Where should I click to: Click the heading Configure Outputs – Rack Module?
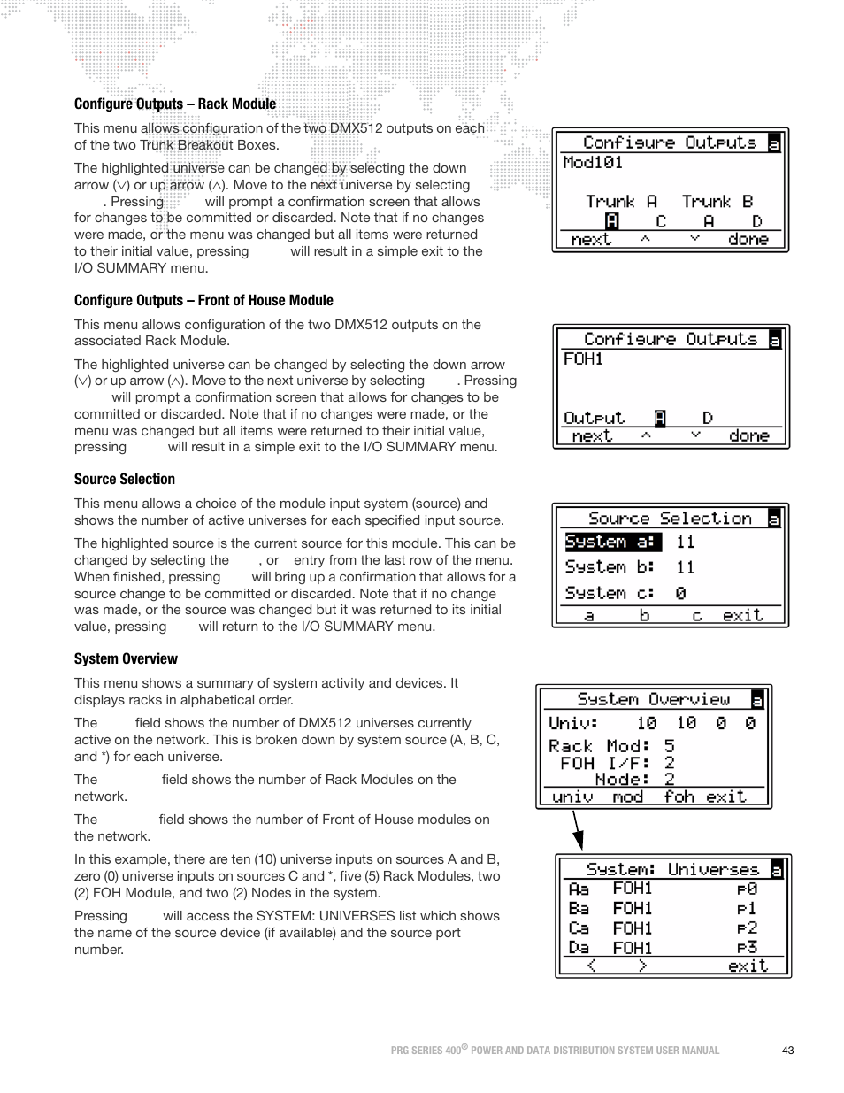[175, 104]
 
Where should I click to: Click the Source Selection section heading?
[125, 480]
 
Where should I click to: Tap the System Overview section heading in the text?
[126, 659]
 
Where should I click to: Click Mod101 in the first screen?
[593, 163]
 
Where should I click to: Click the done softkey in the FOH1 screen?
[748, 436]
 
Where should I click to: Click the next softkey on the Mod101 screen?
[591, 240]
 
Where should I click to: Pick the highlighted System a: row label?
[612, 542]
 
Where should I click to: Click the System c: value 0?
[680, 594]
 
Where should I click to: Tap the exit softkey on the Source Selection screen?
[742, 615]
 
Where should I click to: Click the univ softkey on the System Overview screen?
[572, 797]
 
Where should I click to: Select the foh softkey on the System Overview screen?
[679, 797]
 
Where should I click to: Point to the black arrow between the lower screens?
[578, 830]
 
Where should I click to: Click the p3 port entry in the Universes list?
[747, 948]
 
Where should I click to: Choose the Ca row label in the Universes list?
[579, 928]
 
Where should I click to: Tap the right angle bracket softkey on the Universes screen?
[642, 966]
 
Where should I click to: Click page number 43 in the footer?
[787, 1051]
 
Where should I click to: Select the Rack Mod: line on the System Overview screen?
[610, 747]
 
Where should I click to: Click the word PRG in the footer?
[401, 1051]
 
